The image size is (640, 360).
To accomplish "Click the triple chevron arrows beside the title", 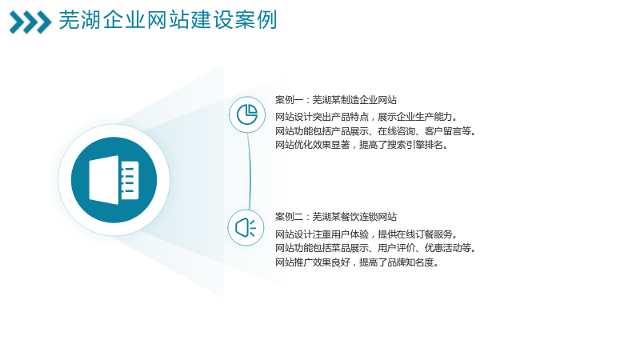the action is (30, 22).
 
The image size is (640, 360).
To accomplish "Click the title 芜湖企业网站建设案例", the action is (168, 20).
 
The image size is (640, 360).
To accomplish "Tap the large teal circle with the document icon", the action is (114, 180).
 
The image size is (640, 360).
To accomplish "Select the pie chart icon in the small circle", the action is (247, 114).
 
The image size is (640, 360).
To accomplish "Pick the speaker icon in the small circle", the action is (246, 228).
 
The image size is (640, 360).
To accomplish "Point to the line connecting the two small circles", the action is (250, 171).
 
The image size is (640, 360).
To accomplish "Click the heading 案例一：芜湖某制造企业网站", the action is (336, 100).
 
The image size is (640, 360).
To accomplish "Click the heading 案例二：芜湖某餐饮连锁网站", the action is (336, 217).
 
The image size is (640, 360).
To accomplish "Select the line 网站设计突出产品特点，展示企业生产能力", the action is (366, 117).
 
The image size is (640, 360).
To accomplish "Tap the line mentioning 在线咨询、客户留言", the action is (375, 131).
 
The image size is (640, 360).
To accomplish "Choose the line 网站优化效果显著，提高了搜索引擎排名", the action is (362, 145).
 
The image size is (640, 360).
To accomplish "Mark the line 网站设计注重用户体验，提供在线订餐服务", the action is (366, 234).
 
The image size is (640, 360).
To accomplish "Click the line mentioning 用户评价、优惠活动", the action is (375, 248).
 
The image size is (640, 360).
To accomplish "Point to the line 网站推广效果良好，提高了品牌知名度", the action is (357, 262).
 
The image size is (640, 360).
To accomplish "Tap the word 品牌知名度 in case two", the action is (410, 262).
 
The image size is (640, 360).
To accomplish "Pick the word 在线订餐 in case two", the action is (415, 234).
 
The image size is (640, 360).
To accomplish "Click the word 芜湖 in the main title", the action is (80, 20).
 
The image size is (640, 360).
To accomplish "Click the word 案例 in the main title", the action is (256, 20).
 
